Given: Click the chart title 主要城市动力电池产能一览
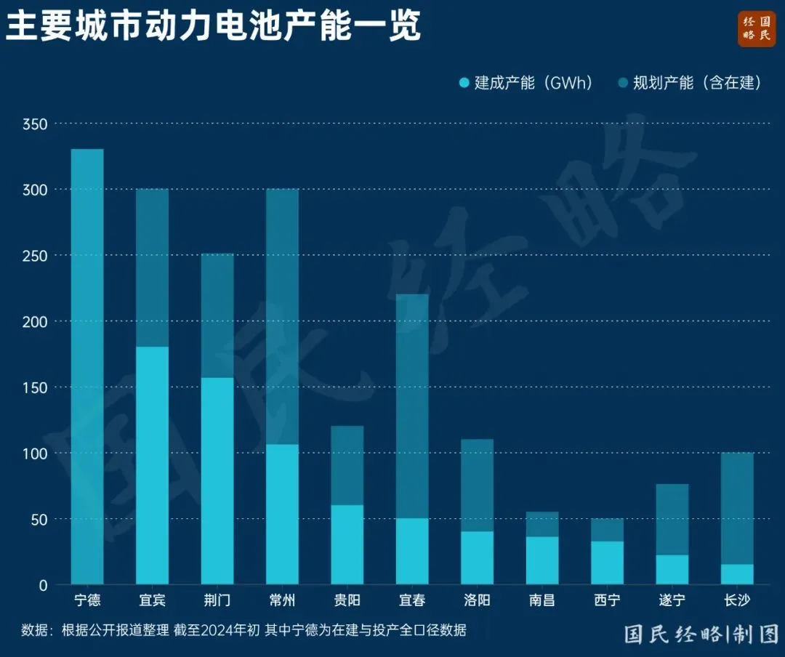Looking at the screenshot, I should pyautogui.click(x=214, y=28).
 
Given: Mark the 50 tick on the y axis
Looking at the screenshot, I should pyautogui.click(x=39, y=519).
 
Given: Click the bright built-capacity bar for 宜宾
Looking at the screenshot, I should pyautogui.click(x=153, y=465).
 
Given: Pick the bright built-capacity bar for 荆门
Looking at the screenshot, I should pyautogui.click(x=217, y=480).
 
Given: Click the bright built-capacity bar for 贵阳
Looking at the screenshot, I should pyautogui.click(x=347, y=544).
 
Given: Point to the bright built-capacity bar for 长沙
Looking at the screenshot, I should pyautogui.click(x=737, y=574).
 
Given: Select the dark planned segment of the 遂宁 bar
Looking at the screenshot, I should pyautogui.click(x=672, y=519).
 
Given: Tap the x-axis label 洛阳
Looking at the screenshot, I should pyautogui.click(x=477, y=600).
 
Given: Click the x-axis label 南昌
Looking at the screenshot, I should pyautogui.click(x=542, y=600).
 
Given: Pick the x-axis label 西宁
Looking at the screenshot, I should pyautogui.click(x=607, y=600).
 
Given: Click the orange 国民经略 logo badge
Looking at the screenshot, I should pyautogui.click(x=757, y=29).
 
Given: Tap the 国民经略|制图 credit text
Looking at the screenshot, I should pyautogui.click(x=701, y=634).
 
